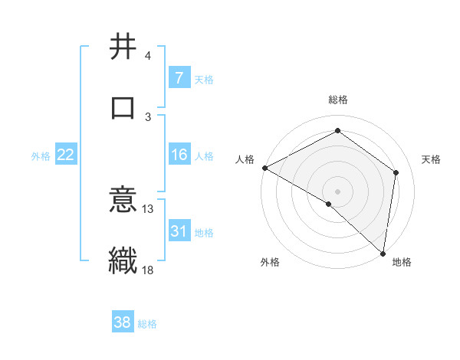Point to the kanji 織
pyautogui.click(x=123, y=259)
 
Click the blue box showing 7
pyautogui.click(x=179, y=78)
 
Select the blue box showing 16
pyautogui.click(x=179, y=155)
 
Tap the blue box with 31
pyautogui.click(x=179, y=231)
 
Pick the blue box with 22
pyautogui.click(x=66, y=155)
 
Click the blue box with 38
pyautogui.click(x=123, y=322)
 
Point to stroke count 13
pyautogui.click(x=148, y=208)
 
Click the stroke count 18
pyautogui.click(x=148, y=269)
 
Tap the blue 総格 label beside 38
pyautogui.click(x=147, y=324)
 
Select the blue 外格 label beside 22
pyautogui.click(x=41, y=156)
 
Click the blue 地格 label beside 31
pyautogui.click(x=204, y=233)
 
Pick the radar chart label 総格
pyautogui.click(x=337, y=100)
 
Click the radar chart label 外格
pyautogui.click(x=269, y=263)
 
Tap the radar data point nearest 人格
pyautogui.click(x=264, y=168)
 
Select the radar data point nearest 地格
pyautogui.click(x=383, y=254)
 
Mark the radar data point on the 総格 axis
pyautogui.click(x=337, y=132)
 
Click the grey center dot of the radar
pyautogui.click(x=337, y=191)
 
